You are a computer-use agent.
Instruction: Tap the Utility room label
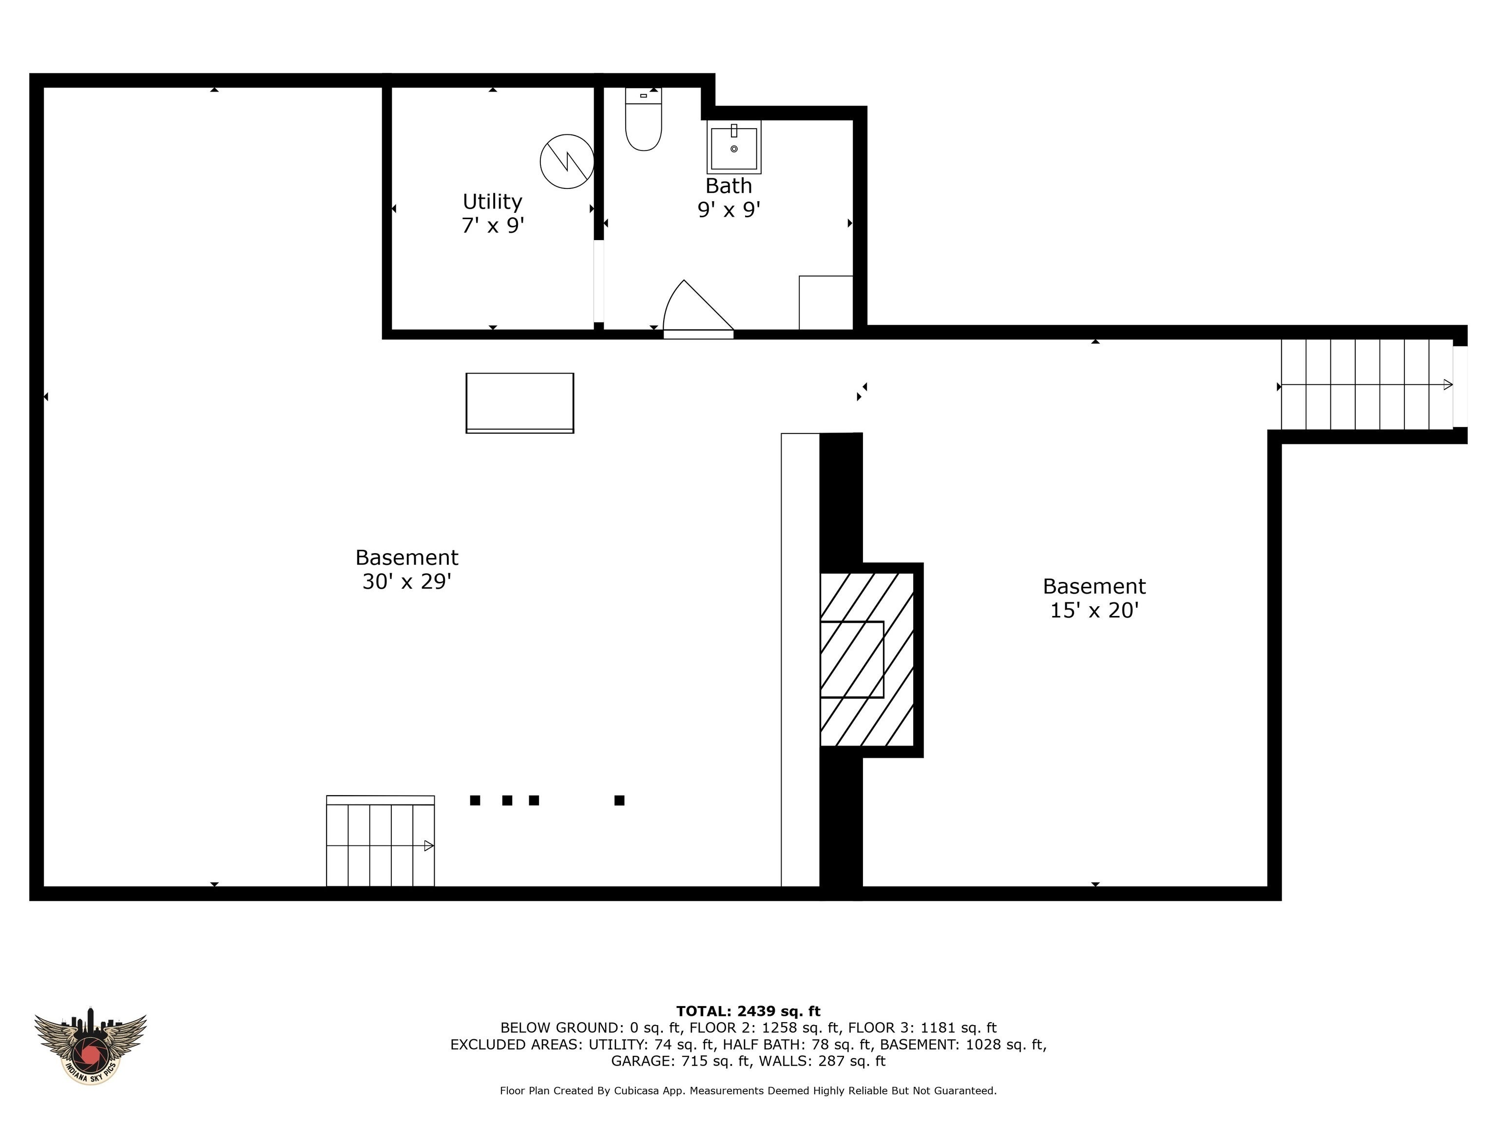[492, 202]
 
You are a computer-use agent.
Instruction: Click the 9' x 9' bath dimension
[729, 210]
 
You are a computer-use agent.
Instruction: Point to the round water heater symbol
[566, 162]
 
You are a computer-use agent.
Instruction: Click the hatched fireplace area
[867, 659]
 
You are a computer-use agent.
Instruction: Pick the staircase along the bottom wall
[380, 842]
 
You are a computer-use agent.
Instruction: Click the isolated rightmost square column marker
[618, 800]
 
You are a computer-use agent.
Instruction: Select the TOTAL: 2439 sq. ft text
[748, 1011]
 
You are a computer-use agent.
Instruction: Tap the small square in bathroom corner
[825, 302]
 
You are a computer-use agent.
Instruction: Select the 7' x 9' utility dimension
[492, 225]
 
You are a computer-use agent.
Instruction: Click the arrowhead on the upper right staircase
[1448, 385]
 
